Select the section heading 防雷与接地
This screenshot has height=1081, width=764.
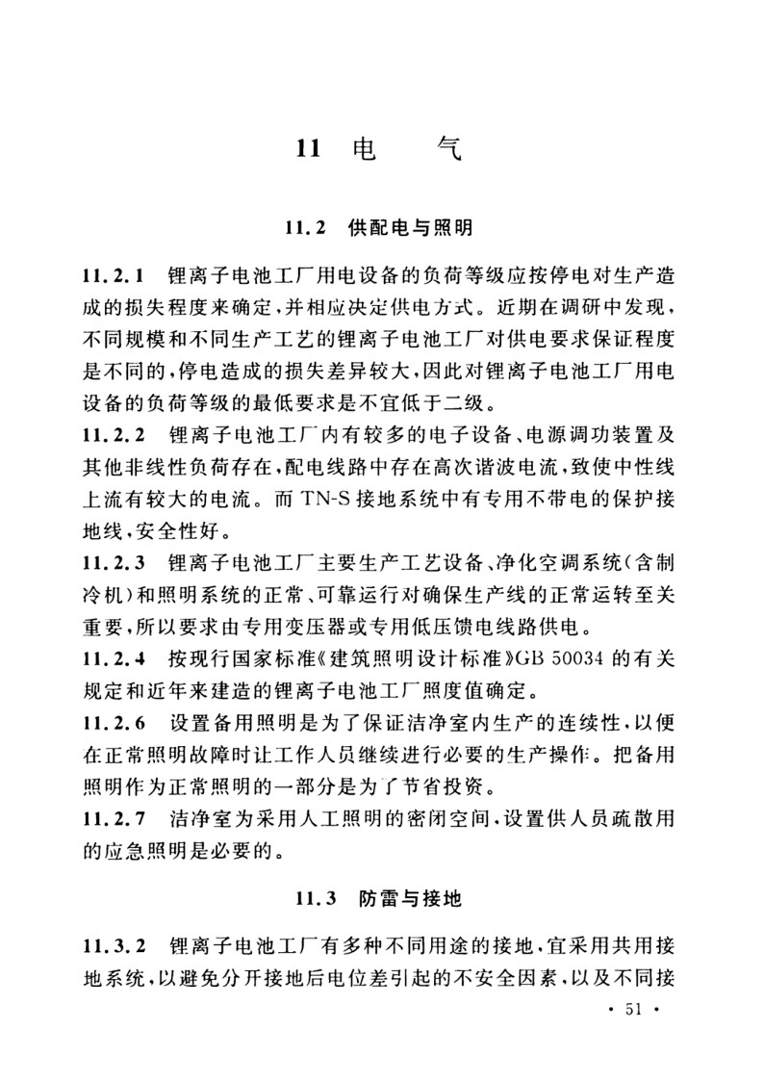[416, 900]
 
